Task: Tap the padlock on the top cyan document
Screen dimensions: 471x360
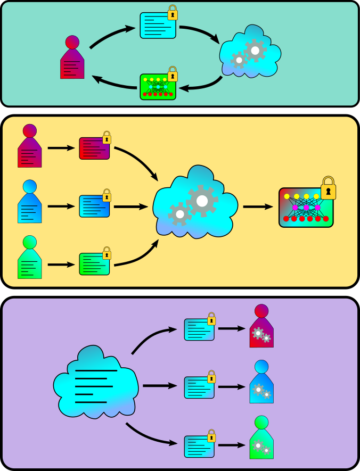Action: tap(173, 13)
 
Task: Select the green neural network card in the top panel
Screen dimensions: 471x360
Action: tap(158, 87)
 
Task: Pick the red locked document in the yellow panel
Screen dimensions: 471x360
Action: tap(94, 148)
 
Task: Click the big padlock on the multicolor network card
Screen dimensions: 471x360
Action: tap(329, 188)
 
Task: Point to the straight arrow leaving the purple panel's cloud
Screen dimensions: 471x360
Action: tap(159, 385)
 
